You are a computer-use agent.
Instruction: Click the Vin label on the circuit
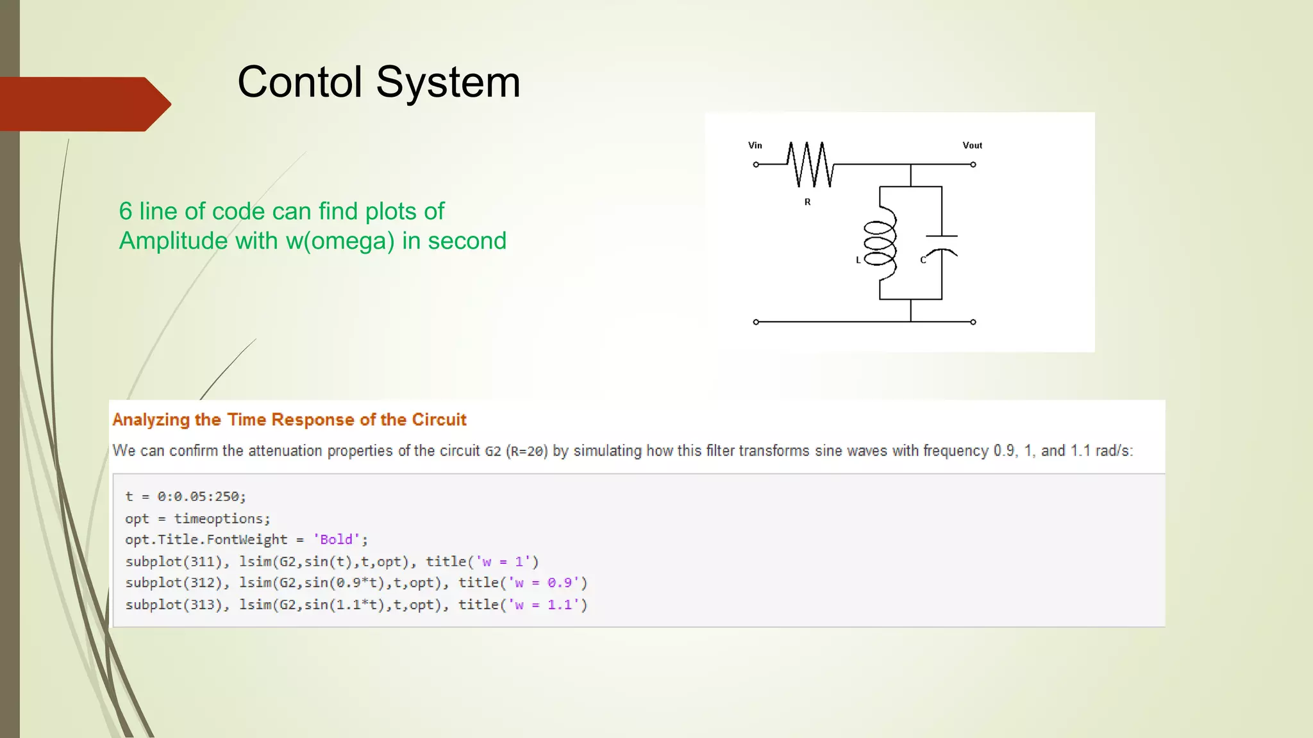[755, 145]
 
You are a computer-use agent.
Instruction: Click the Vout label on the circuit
[972, 145]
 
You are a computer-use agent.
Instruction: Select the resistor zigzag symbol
[810, 165]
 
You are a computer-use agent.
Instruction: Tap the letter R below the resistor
[807, 202]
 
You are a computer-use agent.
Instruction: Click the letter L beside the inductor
[858, 260]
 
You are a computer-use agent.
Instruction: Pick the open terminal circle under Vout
[973, 165]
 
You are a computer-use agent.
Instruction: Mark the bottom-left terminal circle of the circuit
[756, 322]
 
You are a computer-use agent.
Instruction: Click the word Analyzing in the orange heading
[151, 420]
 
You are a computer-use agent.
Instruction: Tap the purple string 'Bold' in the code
[336, 539]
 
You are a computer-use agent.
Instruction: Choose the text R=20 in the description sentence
[527, 452]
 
